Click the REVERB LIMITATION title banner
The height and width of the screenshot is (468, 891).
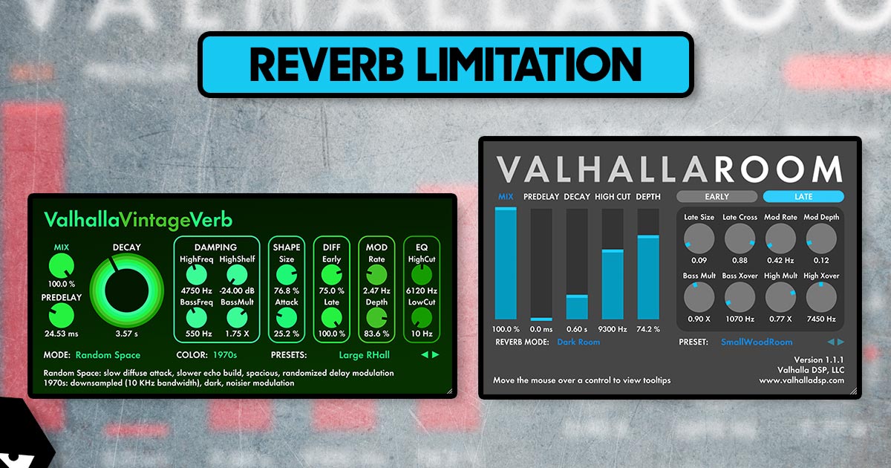coord(446,64)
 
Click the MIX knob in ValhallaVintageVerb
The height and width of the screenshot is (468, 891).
coord(62,264)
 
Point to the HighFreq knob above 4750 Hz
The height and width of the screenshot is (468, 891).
coord(196,274)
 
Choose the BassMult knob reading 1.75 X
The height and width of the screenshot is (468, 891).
coord(237,319)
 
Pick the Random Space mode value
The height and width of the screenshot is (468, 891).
coord(108,355)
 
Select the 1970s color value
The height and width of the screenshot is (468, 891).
coord(224,355)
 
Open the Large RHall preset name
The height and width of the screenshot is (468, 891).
coord(358,355)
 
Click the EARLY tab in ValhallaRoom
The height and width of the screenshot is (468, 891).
coord(717,197)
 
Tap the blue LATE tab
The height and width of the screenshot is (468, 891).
coord(803,197)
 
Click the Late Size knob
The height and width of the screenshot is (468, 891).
coord(699,238)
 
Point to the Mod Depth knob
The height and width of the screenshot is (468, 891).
coord(821,238)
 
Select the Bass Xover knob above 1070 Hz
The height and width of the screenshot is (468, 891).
coord(740,297)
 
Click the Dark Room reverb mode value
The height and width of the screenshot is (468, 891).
coord(578,342)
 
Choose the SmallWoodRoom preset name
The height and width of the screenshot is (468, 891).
coord(756,342)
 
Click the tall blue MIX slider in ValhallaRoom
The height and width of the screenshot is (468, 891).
coord(506,264)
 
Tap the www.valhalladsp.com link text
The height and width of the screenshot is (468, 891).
coord(800,380)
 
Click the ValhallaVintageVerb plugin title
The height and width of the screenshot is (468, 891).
coord(138,220)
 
